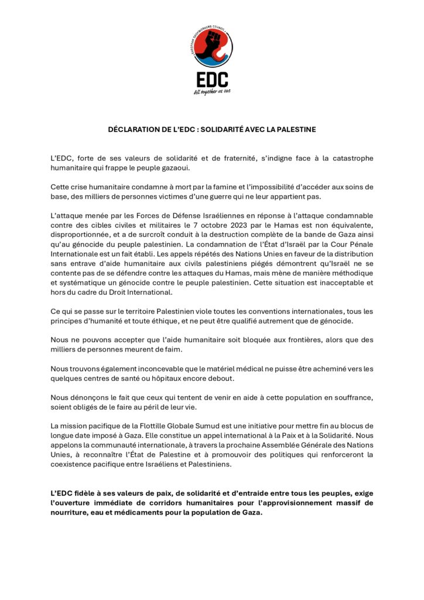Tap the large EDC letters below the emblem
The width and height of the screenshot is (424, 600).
[x=212, y=79]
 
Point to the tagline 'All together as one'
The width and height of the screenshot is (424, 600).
[x=212, y=91]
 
